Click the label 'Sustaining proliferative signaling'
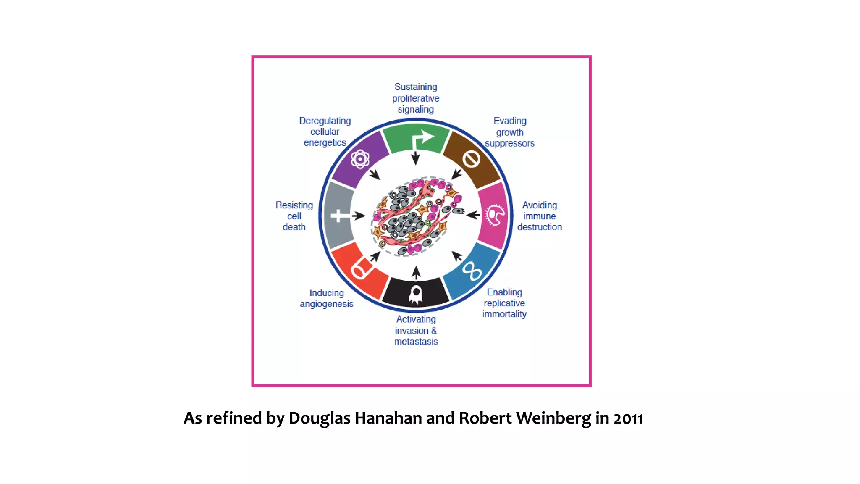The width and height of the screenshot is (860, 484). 416,98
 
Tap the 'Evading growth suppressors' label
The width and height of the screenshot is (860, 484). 510,132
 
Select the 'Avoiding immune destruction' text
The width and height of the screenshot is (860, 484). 540,216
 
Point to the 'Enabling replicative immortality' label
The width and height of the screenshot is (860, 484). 504,303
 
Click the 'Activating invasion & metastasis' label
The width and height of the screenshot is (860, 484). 416,330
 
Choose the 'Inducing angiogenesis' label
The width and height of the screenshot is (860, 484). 327,298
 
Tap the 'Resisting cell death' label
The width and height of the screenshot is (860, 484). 294,216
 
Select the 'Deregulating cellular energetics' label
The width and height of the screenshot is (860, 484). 325,132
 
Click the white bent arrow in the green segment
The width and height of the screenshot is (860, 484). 422,139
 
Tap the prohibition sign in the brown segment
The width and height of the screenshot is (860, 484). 472,159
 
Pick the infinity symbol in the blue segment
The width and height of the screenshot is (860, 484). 472,271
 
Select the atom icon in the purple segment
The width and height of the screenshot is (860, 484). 360,159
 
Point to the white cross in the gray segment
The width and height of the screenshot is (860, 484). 340,216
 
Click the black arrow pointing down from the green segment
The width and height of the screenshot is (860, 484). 416,158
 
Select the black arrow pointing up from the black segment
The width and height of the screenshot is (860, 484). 416,273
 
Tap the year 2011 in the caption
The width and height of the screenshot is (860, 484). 628,418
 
